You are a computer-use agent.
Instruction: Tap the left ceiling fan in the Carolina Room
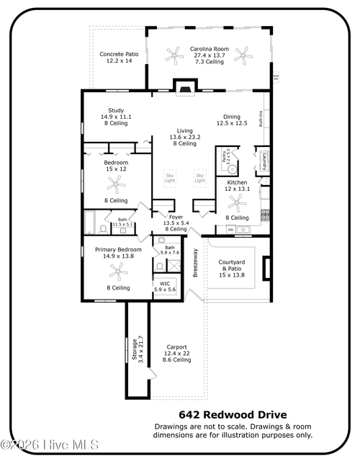pos(174,53)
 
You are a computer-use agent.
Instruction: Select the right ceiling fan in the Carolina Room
pos(245,53)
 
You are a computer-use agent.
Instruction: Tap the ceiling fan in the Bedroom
pos(116,184)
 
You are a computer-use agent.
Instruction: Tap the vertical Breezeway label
pos(195,263)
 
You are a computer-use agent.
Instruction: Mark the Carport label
pos(176,353)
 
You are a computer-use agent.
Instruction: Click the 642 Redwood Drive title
pos(233,415)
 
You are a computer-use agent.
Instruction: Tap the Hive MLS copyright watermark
pos(50,445)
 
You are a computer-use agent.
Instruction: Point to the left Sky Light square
pos(170,176)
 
